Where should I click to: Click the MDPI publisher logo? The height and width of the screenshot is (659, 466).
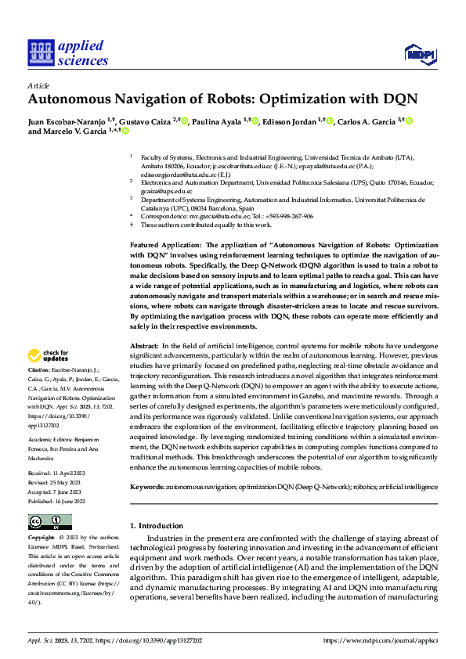click(x=418, y=53)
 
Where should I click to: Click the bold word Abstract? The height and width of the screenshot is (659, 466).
click(x=144, y=345)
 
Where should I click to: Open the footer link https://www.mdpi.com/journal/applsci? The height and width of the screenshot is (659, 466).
click(x=380, y=639)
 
